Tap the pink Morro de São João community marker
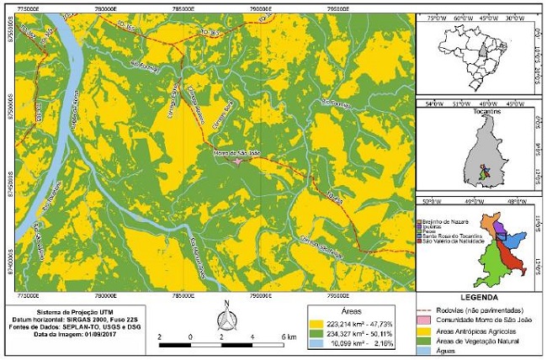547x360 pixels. (x=238, y=161)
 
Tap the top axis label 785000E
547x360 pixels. (x=183, y=5)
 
